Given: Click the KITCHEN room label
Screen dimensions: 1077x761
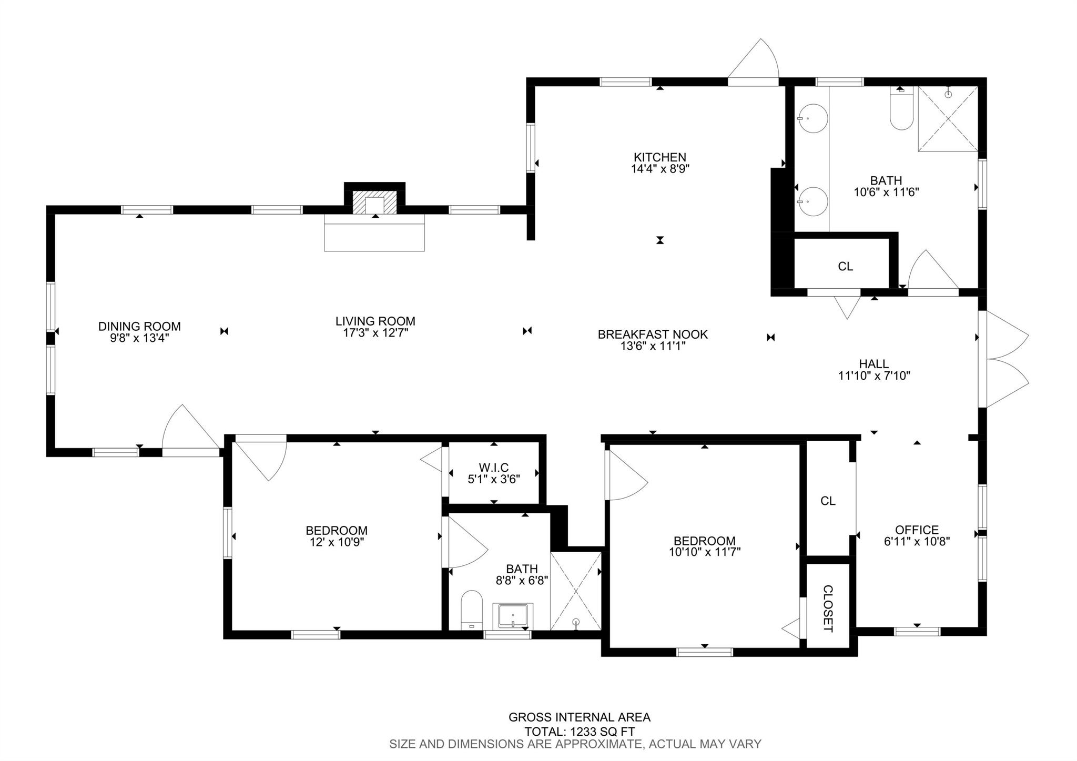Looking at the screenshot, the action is [x=659, y=157].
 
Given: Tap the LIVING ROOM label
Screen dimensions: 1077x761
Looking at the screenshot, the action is [x=375, y=321].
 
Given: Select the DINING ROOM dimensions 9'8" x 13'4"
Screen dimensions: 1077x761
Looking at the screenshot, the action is [x=139, y=338].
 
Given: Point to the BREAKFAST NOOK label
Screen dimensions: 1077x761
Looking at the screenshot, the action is [x=653, y=334].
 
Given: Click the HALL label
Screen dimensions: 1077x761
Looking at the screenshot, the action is [x=874, y=363].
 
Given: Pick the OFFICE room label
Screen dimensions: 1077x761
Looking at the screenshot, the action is [x=917, y=530].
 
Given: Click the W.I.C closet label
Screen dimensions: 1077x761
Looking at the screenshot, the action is [x=494, y=468].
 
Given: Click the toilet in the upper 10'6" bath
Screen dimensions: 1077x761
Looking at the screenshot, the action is [x=901, y=109].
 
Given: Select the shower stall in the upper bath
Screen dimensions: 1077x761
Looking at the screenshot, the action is [x=948, y=119].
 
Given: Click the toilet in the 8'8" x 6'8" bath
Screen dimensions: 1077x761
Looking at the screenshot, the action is [x=472, y=610].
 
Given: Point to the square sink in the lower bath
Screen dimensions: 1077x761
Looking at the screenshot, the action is [x=513, y=616].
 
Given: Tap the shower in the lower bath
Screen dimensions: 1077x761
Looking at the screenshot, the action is [x=576, y=591].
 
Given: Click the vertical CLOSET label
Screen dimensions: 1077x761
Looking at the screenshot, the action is [x=828, y=608].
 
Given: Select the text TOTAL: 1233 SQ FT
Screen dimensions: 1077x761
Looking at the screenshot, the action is [x=580, y=731].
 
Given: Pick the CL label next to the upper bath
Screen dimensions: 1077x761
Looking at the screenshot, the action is [x=845, y=267].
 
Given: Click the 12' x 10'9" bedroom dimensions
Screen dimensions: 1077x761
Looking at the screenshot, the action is [x=337, y=542].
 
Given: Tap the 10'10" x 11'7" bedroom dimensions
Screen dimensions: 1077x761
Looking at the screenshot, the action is [x=705, y=552].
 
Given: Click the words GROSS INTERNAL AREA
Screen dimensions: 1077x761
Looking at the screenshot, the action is [x=580, y=717].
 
